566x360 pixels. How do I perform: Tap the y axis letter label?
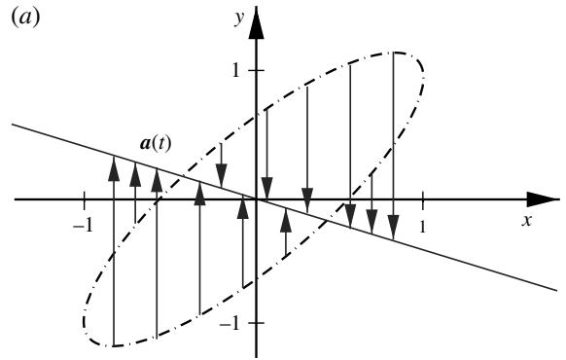239,18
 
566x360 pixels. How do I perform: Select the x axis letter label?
527,220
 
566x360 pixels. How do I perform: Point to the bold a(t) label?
156,144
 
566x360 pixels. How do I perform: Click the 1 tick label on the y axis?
235,70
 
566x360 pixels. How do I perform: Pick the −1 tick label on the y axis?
230,325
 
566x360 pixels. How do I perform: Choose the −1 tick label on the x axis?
83,227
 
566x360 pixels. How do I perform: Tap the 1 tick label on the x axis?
422,227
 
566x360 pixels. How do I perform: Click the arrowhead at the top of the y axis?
257,22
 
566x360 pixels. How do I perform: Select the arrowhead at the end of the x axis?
544,199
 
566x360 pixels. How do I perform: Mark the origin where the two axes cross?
257,199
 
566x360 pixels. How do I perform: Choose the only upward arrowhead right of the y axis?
286,220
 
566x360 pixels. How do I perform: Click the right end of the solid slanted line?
556,290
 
